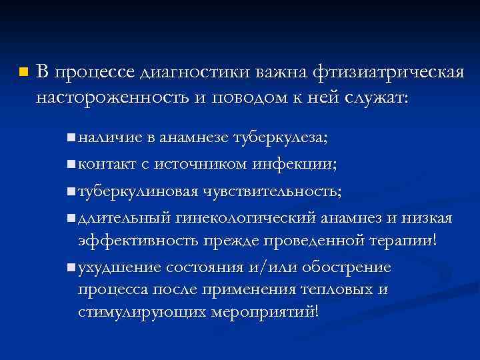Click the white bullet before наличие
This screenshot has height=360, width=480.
pyautogui.click(x=71, y=138)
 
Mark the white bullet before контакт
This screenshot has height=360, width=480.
pyautogui.click(x=71, y=164)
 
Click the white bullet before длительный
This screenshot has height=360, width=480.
pyautogui.click(x=71, y=218)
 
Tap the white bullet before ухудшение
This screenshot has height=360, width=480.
pyautogui.click(x=71, y=268)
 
